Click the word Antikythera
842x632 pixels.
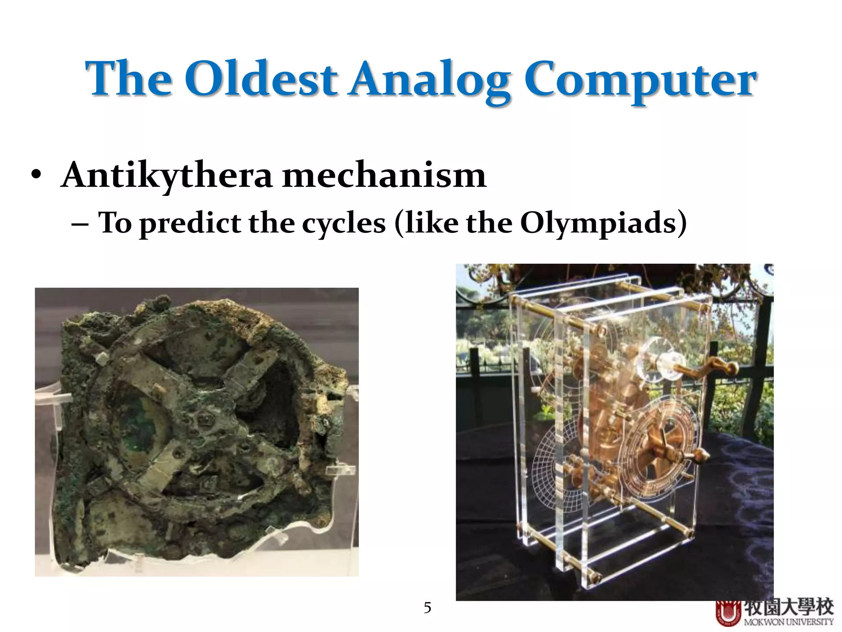click(166, 175)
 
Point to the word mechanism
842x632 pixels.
click(384, 175)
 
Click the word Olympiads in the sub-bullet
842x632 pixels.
click(598, 223)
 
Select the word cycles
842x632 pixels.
click(344, 223)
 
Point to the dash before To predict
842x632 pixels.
click(79, 224)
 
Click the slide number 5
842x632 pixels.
click(427, 608)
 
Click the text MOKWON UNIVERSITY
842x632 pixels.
click(788, 622)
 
